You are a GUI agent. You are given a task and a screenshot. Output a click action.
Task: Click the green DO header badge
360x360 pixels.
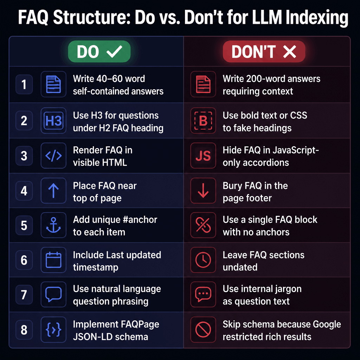[99, 52]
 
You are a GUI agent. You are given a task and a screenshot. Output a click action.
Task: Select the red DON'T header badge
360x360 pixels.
[264, 52]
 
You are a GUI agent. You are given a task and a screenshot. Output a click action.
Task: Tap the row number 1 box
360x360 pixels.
[24, 85]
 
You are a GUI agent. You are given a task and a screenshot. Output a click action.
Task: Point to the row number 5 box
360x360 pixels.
[24, 225]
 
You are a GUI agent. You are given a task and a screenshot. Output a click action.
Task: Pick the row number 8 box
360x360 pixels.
[24, 330]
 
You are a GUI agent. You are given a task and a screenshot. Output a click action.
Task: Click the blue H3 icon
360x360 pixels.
[53, 121]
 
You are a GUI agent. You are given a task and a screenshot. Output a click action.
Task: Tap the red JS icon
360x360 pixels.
[203, 156]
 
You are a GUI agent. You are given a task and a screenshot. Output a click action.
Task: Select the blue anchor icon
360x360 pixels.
[53, 225]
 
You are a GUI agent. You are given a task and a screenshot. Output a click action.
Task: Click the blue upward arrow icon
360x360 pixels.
[53, 191]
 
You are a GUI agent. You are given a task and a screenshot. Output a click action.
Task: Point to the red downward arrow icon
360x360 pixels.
[203, 191]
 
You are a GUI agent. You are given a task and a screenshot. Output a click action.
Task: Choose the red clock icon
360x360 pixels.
[203, 261]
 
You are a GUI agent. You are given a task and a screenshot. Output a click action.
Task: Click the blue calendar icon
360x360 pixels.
[53, 261]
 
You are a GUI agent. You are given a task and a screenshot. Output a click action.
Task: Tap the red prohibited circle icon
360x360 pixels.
[203, 330]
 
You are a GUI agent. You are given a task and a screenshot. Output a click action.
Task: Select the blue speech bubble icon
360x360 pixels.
[53, 295]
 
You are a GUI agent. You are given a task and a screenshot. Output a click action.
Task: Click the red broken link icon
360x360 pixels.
[203, 225]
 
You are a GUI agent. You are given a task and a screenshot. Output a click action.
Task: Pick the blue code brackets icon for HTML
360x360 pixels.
[53, 156]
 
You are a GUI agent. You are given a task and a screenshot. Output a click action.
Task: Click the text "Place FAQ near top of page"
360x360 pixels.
[105, 192]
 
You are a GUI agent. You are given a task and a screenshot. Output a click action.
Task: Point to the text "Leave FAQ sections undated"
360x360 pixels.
[263, 261]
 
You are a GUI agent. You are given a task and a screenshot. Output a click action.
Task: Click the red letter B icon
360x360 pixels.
[203, 121]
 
